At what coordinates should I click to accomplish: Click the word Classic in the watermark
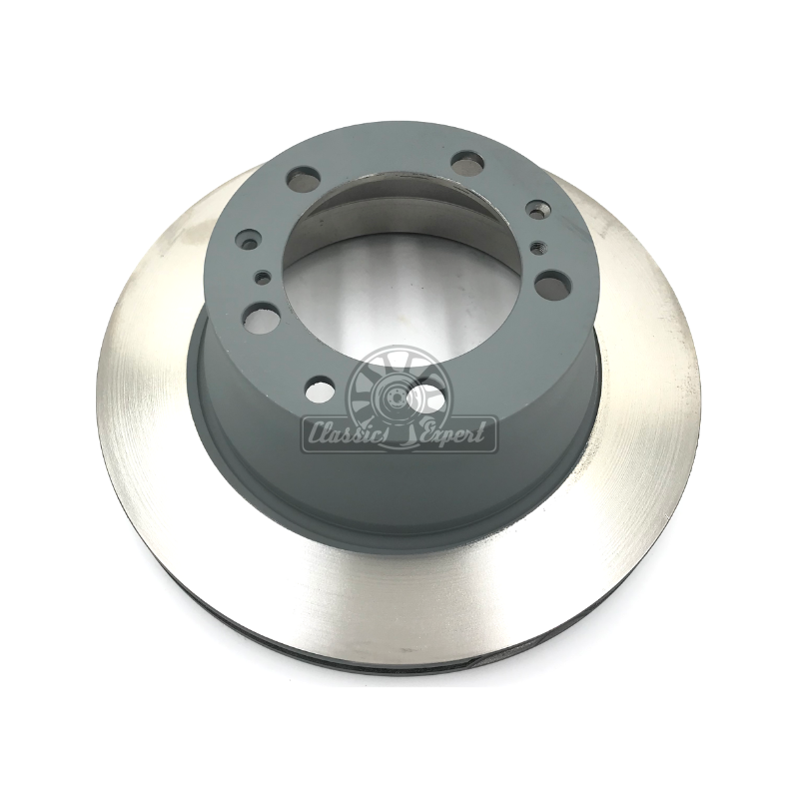pyautogui.click(x=345, y=434)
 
